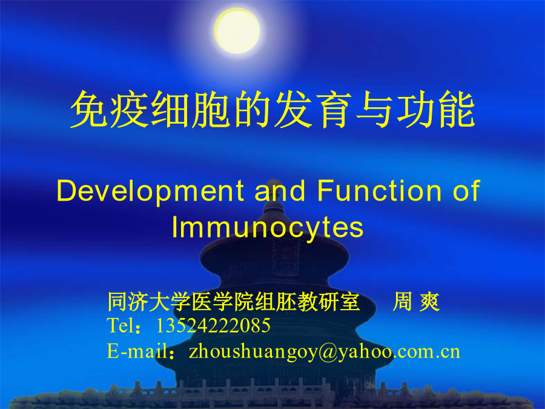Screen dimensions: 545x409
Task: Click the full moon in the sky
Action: coord(237,31)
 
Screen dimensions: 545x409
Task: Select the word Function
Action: coord(379,191)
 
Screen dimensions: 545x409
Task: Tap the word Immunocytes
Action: coord(268,228)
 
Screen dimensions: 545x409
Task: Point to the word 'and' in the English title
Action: coord(280,191)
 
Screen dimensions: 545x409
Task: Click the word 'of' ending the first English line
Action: coord(466,191)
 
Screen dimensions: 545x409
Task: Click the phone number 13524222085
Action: coord(213,325)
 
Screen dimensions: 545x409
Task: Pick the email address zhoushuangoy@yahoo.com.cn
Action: coord(325,352)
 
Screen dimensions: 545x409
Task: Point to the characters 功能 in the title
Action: coord(436,109)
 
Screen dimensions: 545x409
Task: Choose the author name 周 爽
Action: coord(416,302)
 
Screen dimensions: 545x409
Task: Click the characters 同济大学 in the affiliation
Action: coord(149,302)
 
